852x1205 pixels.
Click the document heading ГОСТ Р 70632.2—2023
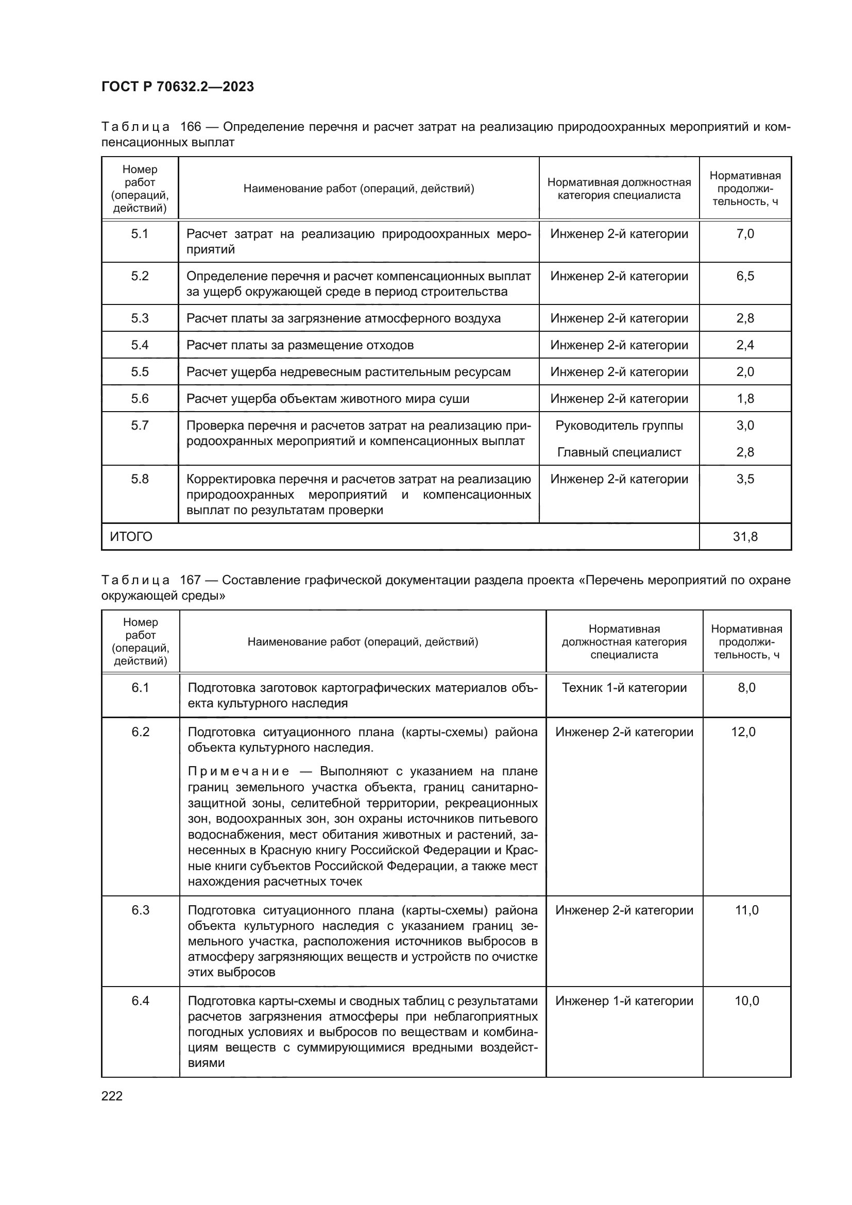[x=177, y=87]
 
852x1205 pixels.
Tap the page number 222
[x=112, y=1096]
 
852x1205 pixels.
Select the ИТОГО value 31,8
[x=745, y=536]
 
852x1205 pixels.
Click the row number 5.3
[x=140, y=318]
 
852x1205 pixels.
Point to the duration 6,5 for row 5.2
[x=745, y=276]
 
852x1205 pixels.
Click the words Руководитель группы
[x=619, y=425]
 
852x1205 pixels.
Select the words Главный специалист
[x=619, y=452]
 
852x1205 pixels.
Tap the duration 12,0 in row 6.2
[x=743, y=732]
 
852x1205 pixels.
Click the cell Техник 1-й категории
[x=624, y=688]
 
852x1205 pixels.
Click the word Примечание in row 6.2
[x=238, y=771]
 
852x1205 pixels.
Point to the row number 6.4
[x=141, y=1000]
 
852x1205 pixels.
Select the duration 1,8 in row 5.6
[x=745, y=398]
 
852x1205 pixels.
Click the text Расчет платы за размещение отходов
[x=300, y=345]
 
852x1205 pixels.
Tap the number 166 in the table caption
[x=191, y=127]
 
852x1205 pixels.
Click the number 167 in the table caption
[x=190, y=580]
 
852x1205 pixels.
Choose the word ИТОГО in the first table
[x=131, y=536]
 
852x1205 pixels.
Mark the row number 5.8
[x=140, y=479]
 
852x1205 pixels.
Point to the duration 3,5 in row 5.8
[x=745, y=479]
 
